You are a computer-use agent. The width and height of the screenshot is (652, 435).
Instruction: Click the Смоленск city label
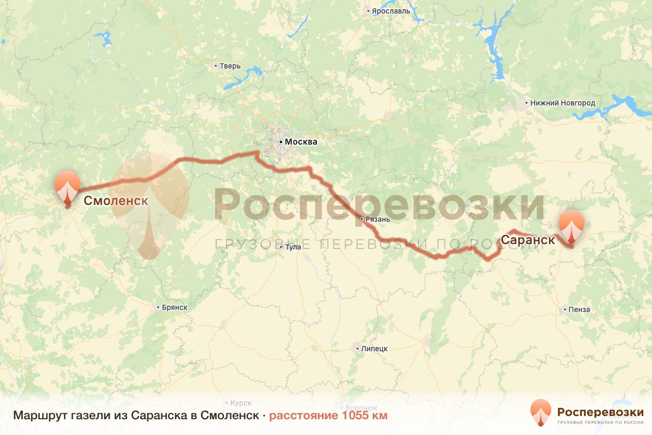click(116, 201)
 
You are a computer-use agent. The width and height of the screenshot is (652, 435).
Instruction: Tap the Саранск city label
click(528, 240)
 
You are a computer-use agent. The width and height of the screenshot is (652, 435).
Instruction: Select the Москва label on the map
click(300, 142)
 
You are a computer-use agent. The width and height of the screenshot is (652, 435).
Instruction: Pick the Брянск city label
click(174, 307)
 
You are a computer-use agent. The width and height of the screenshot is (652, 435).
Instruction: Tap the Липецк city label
click(374, 348)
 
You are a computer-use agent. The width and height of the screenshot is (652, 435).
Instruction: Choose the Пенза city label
click(579, 309)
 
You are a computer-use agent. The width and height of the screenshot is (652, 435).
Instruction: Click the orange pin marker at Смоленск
click(67, 187)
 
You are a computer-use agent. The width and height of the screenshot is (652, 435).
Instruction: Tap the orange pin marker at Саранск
click(572, 228)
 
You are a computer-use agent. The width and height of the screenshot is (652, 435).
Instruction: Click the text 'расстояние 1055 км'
click(328, 416)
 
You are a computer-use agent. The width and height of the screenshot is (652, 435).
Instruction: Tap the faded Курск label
click(241, 403)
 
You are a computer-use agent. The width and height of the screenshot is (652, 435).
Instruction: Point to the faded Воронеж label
click(360, 408)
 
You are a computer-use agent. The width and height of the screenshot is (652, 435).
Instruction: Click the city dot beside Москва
click(281, 142)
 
